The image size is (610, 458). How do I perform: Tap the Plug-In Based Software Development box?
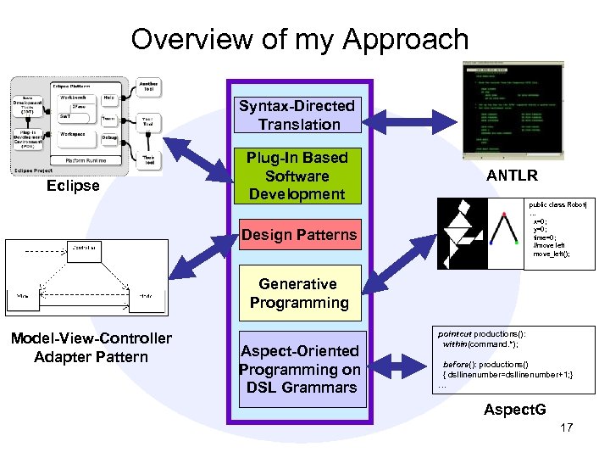tap(297, 176)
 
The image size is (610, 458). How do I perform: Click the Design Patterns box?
tap(299, 234)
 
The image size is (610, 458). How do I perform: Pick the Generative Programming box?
tap(298, 293)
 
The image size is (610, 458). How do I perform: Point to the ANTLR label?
tap(512, 176)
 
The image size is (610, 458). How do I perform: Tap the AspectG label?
tap(514, 410)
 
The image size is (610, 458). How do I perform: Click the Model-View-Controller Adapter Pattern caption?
tap(91, 348)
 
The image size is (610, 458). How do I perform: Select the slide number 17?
tap(566, 427)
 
